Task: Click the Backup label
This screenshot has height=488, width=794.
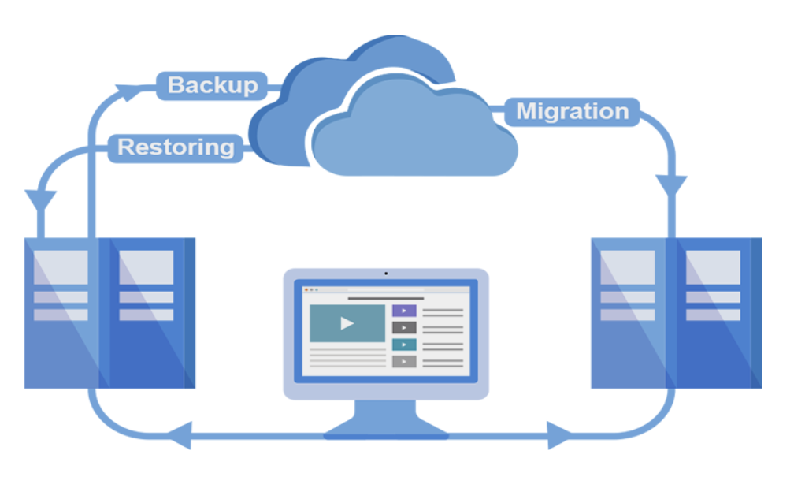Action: [213, 85]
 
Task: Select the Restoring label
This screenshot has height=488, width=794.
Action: [176, 147]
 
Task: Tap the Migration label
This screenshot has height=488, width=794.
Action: [573, 112]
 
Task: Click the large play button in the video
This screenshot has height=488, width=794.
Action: [347, 323]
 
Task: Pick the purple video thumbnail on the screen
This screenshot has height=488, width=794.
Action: [403, 311]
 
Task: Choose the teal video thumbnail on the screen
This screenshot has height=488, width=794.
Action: [403, 345]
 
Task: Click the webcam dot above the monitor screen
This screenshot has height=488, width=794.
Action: [386, 274]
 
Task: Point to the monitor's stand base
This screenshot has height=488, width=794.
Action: [386, 430]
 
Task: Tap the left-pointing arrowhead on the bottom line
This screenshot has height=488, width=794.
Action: [180, 433]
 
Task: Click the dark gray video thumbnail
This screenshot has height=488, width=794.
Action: [403, 327]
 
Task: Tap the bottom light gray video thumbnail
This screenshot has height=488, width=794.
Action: [403, 362]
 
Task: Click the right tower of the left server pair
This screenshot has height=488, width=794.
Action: [150, 311]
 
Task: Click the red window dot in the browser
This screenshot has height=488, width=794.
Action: [307, 290]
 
